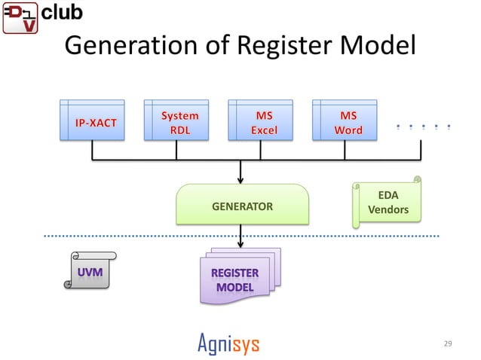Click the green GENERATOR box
242,205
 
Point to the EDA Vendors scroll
388,202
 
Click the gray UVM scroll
87,270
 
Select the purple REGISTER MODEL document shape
239,279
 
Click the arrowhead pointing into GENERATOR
240,180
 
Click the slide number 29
448,344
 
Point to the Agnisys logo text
228,344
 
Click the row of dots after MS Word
423,127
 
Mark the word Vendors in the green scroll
388,209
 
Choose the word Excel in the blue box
263,130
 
